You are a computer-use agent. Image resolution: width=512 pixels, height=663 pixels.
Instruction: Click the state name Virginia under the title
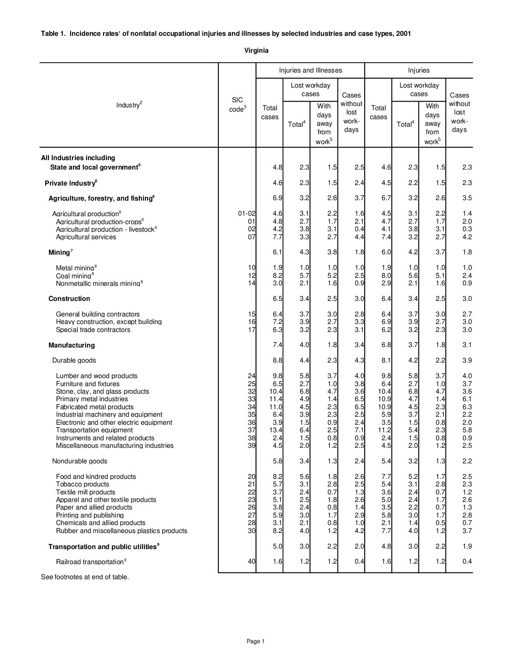pyautogui.click(x=256, y=50)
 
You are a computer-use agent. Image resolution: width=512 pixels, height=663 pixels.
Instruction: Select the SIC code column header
pyautogui.click(x=237, y=105)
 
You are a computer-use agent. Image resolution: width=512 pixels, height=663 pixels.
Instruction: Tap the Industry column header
pyautogui.click(x=129, y=105)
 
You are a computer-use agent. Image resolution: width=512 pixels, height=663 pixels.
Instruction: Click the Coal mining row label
pyautogui.click(x=74, y=275)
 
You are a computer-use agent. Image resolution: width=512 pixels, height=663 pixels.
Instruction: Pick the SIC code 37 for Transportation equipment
pyautogui.click(x=251, y=430)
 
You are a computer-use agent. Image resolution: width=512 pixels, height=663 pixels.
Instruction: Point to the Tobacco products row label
pyautogui.click(x=82, y=484)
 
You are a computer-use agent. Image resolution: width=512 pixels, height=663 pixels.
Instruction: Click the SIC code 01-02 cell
pyautogui.click(x=247, y=214)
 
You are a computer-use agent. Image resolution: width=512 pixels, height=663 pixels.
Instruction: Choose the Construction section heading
pyautogui.click(x=69, y=299)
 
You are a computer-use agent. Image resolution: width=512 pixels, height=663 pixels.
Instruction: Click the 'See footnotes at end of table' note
pyautogui.click(x=85, y=577)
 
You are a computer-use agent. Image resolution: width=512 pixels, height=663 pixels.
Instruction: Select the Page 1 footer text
pyautogui.click(x=256, y=641)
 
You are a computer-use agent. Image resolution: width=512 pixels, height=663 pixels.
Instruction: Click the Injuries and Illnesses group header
pyautogui.click(x=310, y=70)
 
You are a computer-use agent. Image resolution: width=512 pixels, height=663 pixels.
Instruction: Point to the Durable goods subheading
pyautogui.click(x=74, y=360)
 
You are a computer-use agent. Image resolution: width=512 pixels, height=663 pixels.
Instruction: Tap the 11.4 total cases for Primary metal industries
pyautogui.click(x=275, y=399)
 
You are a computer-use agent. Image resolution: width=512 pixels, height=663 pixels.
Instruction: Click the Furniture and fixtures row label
pyautogui.click(x=88, y=384)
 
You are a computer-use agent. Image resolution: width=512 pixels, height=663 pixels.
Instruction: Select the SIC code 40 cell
pyautogui.click(x=251, y=561)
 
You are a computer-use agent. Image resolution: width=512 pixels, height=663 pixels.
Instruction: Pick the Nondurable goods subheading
pyautogui.click(x=80, y=461)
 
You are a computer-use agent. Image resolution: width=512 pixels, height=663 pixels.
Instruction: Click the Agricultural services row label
pyautogui.click(x=86, y=237)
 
